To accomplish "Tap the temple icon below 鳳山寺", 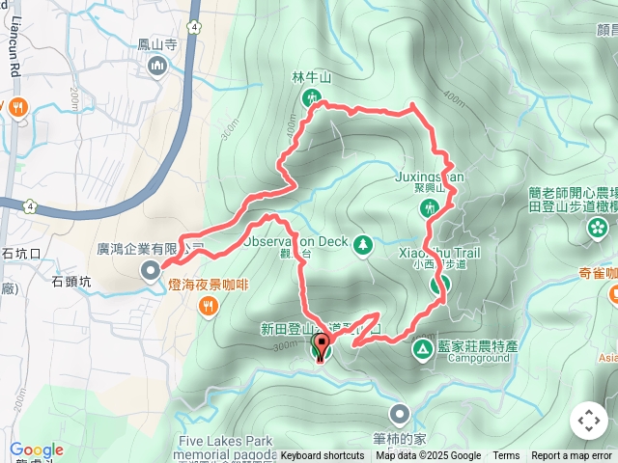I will [x=157, y=65].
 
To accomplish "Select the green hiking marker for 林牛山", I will [x=312, y=96].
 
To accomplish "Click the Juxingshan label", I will [x=430, y=177].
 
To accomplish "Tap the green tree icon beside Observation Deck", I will [x=363, y=245].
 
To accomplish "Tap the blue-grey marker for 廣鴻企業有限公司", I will [x=150, y=271].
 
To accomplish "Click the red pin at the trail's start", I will [x=322, y=347].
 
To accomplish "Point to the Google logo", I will [x=37, y=450].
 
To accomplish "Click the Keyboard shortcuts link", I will [x=323, y=456].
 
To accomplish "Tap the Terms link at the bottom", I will [x=506, y=456].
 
